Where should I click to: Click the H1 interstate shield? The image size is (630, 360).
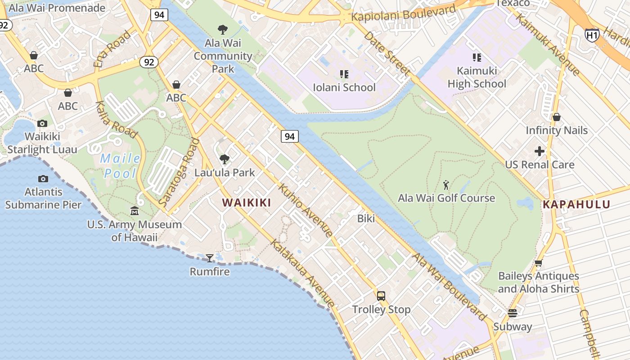(592, 35)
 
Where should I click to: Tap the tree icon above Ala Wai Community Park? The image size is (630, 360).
(223, 30)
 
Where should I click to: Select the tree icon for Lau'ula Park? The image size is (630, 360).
(225, 159)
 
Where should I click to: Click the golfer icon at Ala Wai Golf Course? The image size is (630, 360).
(446, 184)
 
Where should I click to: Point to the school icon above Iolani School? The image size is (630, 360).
(344, 74)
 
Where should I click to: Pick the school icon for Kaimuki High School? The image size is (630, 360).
(477, 57)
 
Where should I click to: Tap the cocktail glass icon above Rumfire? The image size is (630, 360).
(210, 258)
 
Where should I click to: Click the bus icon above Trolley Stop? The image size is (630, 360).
(381, 296)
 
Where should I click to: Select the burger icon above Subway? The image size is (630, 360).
(513, 313)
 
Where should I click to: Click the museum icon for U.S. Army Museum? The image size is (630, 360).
(135, 211)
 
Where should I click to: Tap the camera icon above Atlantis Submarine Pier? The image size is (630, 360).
(43, 179)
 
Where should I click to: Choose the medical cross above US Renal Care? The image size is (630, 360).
(540, 151)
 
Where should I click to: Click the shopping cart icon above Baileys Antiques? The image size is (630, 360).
(539, 263)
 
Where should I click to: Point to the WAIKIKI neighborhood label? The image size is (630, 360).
(247, 202)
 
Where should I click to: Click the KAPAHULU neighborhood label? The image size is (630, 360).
(576, 204)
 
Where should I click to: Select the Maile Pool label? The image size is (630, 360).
(120, 166)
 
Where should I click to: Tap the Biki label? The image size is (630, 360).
(366, 219)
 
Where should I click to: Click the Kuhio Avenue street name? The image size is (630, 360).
(306, 210)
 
